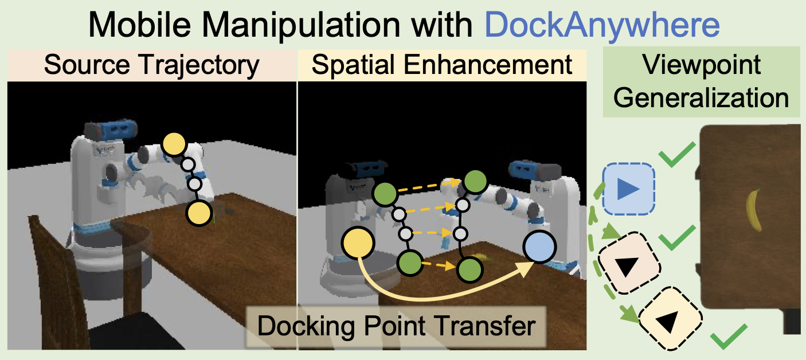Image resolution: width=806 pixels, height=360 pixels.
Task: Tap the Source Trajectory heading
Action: pos(151,65)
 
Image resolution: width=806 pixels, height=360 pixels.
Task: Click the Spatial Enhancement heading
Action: pos(442,65)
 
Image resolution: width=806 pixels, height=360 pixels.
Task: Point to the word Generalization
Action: pos(701,98)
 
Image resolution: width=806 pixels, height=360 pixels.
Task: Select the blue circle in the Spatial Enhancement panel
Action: pos(540,247)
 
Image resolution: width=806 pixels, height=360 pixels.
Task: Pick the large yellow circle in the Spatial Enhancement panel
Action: pos(358,243)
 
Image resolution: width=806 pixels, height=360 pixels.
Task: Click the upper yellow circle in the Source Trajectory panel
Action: pos(174,144)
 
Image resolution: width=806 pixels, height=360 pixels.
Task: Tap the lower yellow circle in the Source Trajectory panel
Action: pos(199,213)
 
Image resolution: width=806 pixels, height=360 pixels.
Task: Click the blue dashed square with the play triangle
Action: pos(628,189)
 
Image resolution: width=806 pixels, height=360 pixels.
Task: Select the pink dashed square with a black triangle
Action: pos(629,263)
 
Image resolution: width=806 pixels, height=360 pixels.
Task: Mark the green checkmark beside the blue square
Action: pos(676,154)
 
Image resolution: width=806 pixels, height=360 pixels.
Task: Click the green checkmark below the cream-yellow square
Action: pos(729,336)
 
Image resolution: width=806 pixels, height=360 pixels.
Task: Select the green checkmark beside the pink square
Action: pos(677,237)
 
